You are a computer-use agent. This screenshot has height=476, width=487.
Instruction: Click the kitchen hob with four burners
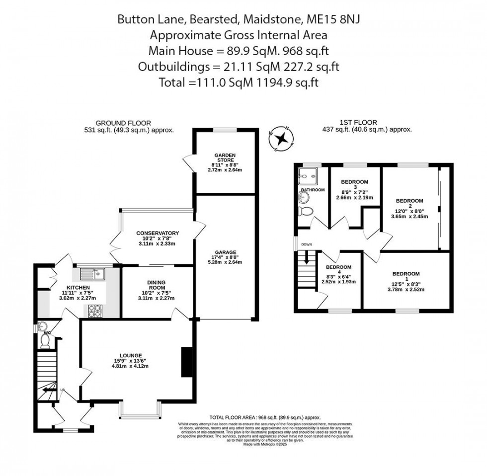94,311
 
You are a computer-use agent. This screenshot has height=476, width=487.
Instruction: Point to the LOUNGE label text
131,355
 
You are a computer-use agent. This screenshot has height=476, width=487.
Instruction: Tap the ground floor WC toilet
45,340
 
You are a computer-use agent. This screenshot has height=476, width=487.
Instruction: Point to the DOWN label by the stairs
307,244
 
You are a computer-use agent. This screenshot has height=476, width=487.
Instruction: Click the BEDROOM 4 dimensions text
336,279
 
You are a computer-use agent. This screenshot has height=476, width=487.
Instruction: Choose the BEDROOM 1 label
406,274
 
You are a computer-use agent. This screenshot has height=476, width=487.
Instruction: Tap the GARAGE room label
226,252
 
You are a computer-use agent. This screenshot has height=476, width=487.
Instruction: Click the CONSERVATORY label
157,233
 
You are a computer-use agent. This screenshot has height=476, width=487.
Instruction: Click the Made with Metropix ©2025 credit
265,444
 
